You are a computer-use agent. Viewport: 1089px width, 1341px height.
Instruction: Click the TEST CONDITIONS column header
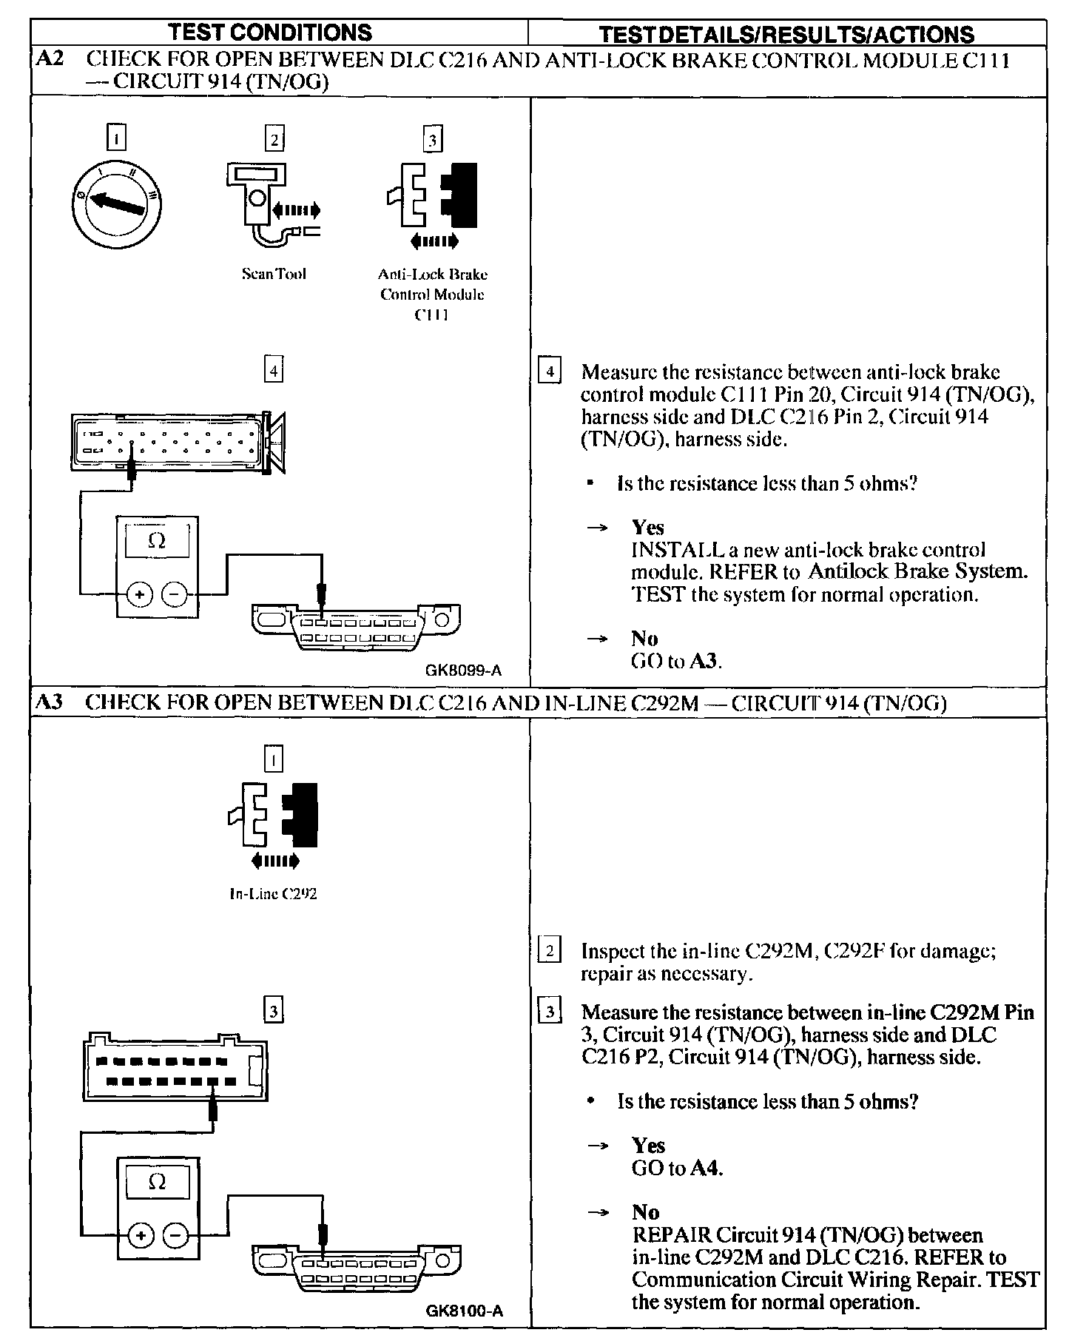tap(270, 33)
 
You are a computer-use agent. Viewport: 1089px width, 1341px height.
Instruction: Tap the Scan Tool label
tap(274, 274)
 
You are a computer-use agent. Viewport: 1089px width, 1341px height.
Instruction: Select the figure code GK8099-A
tap(463, 670)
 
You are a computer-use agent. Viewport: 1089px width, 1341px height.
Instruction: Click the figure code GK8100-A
tap(464, 1311)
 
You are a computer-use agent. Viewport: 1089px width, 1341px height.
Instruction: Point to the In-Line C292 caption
tap(273, 893)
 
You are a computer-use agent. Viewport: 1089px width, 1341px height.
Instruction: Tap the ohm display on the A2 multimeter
tap(157, 541)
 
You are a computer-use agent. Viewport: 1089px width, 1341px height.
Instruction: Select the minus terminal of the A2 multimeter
tap(175, 594)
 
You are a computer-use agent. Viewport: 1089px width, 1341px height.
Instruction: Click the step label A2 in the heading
tap(50, 59)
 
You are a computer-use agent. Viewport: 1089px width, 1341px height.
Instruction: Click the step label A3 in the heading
tap(50, 702)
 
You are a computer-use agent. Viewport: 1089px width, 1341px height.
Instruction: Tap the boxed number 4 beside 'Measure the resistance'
tap(548, 370)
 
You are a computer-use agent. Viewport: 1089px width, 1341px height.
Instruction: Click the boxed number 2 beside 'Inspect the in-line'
tap(548, 950)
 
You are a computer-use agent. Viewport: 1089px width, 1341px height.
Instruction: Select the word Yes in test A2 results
tap(647, 528)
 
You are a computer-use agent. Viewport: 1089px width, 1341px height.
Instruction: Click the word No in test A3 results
tap(645, 1211)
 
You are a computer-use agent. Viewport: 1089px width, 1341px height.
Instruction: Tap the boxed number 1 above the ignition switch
tap(116, 138)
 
